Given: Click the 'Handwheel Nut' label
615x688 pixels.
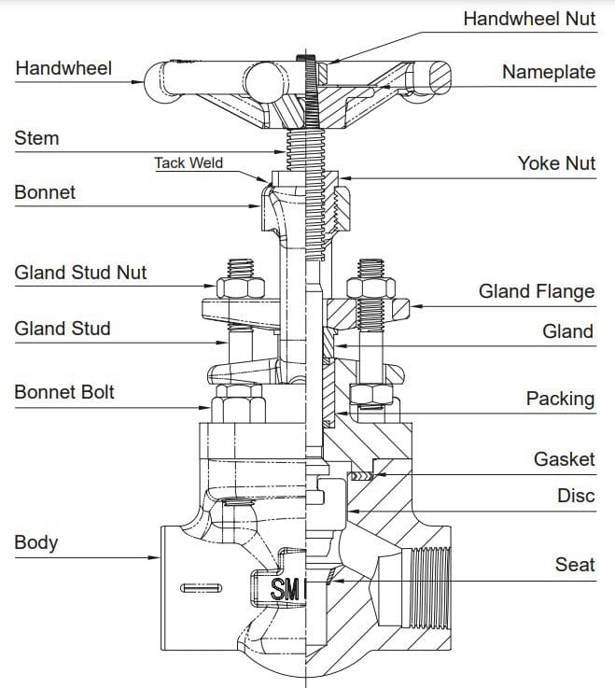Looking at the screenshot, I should (528, 19).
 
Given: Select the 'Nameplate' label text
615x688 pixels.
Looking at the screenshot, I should (548, 72).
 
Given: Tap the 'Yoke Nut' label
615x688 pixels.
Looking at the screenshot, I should (556, 163).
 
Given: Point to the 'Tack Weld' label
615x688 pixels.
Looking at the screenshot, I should (189, 162).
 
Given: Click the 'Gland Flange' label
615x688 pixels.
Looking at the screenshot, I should (536, 291).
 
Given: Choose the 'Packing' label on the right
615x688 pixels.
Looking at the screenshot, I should (560, 399).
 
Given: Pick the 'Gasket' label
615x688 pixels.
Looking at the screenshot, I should (564, 458).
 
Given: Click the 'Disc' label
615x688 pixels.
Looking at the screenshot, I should (576, 496).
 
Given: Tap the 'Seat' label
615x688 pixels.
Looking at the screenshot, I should (575, 565).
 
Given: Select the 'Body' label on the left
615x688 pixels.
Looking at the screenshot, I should (36, 542).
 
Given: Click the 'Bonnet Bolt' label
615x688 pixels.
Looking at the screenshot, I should (64, 392).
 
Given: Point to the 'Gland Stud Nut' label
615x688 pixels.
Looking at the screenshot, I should (80, 273).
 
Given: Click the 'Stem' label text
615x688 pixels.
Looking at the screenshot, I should (36, 138).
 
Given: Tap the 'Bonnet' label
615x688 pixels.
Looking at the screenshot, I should (45, 192).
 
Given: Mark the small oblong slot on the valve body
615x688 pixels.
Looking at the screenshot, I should (202, 588).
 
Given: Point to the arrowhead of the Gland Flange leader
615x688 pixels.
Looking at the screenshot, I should (415, 305).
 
